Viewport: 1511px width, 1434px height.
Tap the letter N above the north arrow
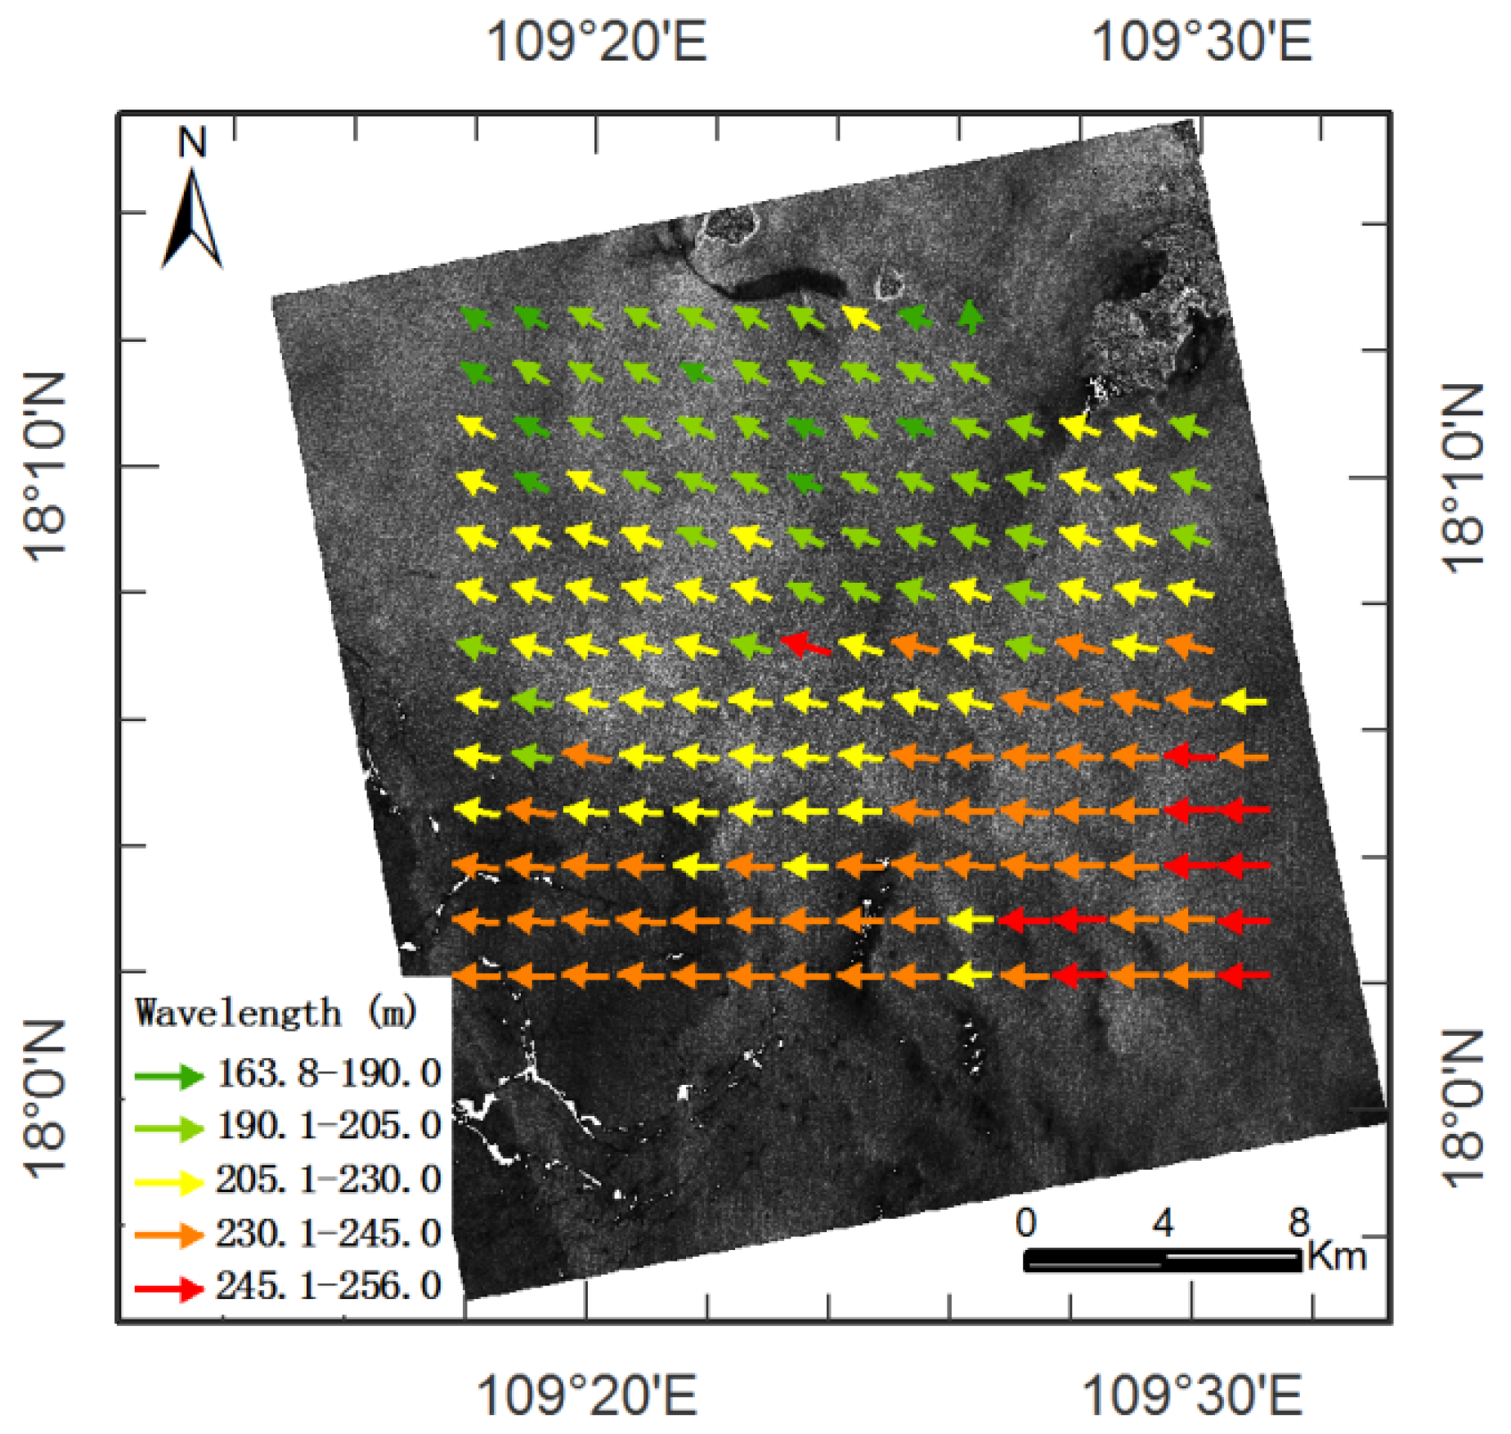(x=192, y=143)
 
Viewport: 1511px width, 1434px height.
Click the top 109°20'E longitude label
(x=596, y=41)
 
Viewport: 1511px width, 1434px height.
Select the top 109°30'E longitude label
(x=1201, y=41)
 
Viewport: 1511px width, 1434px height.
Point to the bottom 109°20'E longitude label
(x=586, y=1395)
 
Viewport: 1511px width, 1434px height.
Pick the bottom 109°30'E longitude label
(x=1191, y=1395)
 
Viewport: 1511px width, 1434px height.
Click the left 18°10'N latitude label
(x=45, y=468)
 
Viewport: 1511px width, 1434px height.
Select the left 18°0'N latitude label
(x=45, y=1100)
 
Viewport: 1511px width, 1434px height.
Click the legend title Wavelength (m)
(x=276, y=1014)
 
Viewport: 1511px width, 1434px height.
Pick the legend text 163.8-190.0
(x=329, y=1073)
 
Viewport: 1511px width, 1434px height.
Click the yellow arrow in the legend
(x=169, y=1182)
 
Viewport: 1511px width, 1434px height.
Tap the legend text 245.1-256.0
(x=329, y=1286)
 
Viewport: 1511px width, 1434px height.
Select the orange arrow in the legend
(x=169, y=1235)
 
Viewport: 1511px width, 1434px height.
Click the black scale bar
(x=1162, y=1260)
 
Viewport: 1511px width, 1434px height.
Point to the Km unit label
(x=1337, y=1255)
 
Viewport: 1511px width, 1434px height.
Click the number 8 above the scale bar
(x=1298, y=1223)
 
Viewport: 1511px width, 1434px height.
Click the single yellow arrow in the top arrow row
(x=861, y=317)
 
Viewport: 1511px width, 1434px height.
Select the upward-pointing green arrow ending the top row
(x=971, y=317)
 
